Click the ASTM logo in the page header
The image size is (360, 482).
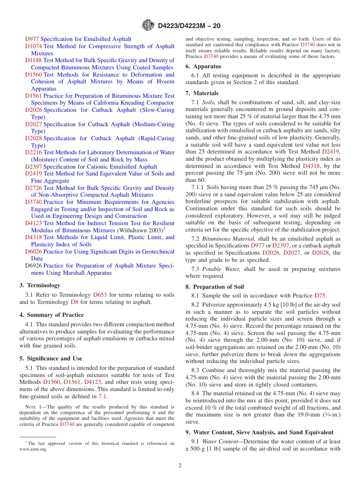[x=148, y=25]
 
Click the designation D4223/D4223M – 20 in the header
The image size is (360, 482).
[x=189, y=26]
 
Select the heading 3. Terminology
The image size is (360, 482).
[x=40, y=285]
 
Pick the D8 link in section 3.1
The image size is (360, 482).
[x=75, y=302]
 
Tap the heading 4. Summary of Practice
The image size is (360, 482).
[x=52, y=315]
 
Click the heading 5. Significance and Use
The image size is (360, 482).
[x=51, y=358]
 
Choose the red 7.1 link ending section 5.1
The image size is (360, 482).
[x=103, y=396]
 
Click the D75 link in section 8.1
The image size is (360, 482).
[x=320, y=296]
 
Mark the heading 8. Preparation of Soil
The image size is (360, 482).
[x=215, y=287]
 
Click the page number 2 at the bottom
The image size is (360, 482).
[x=180, y=465]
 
